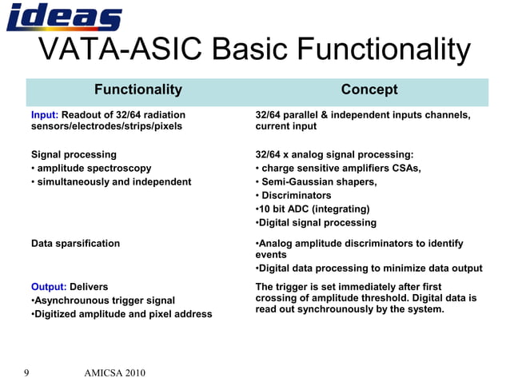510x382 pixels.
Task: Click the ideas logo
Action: (64, 17)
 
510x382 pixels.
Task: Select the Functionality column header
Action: (138, 90)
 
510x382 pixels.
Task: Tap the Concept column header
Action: (369, 90)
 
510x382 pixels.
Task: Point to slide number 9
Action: (27, 372)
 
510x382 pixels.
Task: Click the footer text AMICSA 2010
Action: (114, 372)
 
